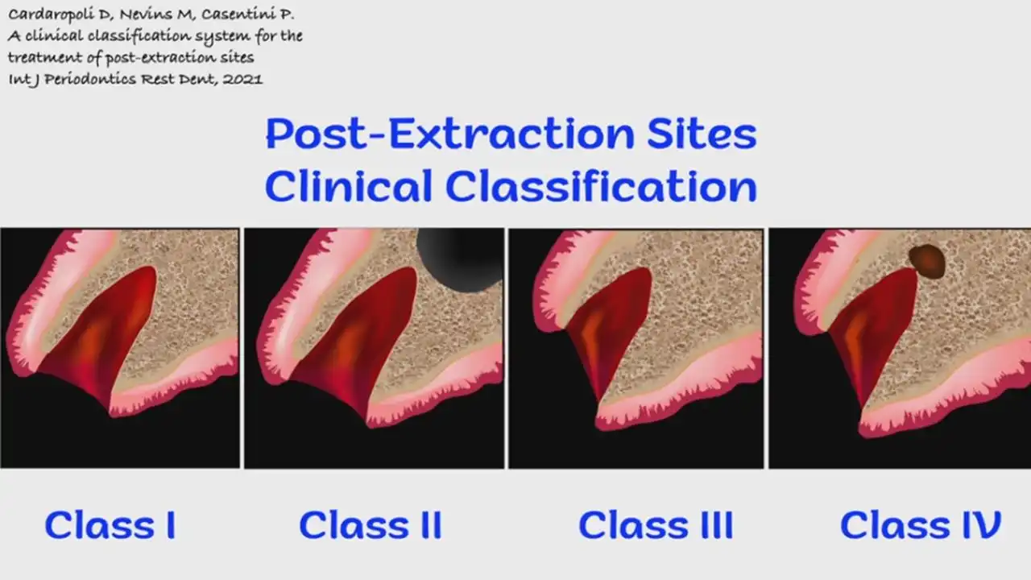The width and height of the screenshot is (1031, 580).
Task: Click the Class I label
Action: coord(110,525)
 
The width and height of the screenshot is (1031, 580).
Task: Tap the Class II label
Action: coord(370,525)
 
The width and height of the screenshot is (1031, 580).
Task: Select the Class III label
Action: coord(656,525)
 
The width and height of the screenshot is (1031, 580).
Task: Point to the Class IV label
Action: coord(920,525)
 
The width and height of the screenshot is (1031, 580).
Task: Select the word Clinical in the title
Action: coord(348,187)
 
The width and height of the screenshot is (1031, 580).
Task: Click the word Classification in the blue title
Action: coord(601,187)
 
